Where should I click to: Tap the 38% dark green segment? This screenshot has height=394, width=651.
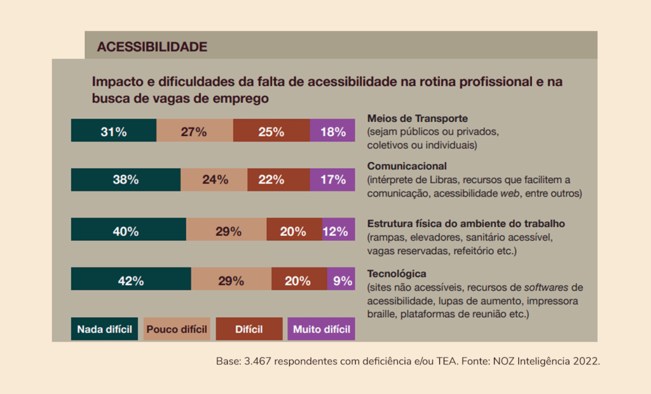click(x=126, y=179)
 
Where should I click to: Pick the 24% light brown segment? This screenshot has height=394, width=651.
click(x=214, y=179)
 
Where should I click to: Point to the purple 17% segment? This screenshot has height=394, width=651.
click(x=332, y=179)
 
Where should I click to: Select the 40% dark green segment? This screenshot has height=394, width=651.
click(x=128, y=229)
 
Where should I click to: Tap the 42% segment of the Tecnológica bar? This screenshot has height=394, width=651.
click(x=131, y=279)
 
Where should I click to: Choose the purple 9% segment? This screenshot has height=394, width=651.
click(x=341, y=279)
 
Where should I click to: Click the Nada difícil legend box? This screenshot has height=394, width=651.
click(x=104, y=329)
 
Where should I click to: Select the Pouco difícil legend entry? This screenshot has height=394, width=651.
click(x=177, y=329)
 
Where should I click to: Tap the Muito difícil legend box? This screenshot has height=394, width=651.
click(x=321, y=329)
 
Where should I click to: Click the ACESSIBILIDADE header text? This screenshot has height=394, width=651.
click(x=152, y=46)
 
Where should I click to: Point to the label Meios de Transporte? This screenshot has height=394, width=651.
click(x=418, y=118)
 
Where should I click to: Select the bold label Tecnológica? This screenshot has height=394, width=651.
click(x=397, y=274)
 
